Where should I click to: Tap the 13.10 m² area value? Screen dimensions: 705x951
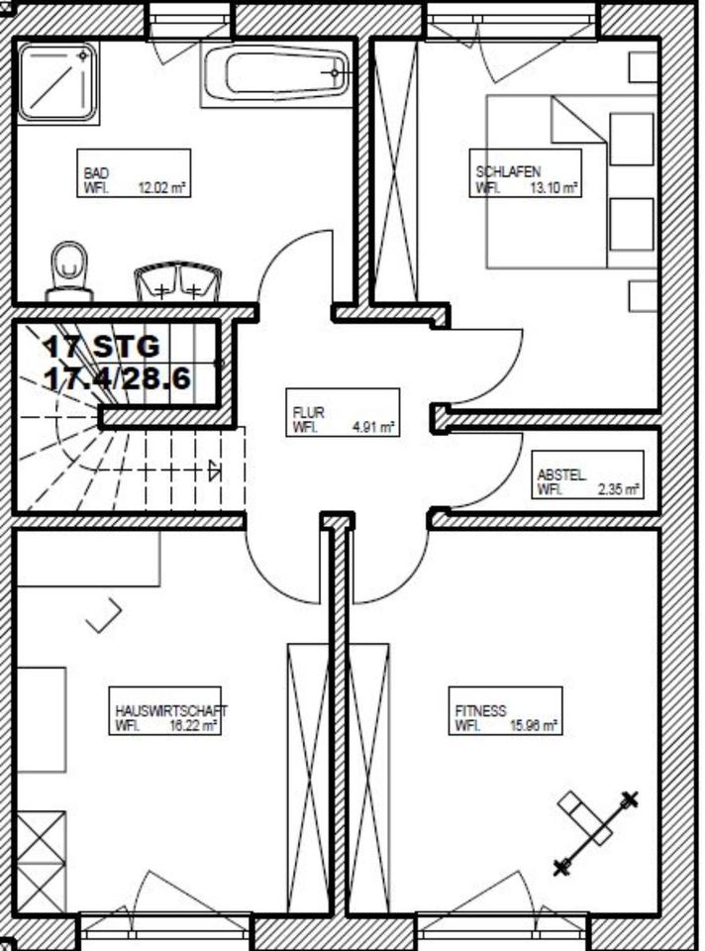click(x=554, y=186)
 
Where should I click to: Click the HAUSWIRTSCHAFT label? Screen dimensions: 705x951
click(x=171, y=711)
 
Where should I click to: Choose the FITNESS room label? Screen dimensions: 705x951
click(x=481, y=710)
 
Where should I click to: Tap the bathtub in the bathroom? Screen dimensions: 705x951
click(x=277, y=72)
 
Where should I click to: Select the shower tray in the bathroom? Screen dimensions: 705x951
click(x=57, y=81)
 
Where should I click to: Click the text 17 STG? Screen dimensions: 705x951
click(x=101, y=347)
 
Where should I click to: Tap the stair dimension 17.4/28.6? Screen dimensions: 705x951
click(x=117, y=377)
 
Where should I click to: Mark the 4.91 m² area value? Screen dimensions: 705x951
click(x=373, y=428)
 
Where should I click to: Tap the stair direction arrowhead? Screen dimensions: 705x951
click(x=215, y=471)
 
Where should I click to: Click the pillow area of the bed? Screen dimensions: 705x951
click(x=631, y=178)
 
